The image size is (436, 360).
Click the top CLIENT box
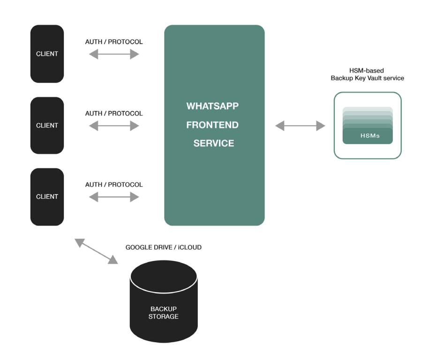pos(47,54)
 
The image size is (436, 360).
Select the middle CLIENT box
pos(47,125)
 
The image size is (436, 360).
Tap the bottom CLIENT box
pos(47,197)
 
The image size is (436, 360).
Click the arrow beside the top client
pos(114,54)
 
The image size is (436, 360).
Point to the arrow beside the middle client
pos(114,126)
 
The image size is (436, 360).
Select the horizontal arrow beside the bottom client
pos(114,197)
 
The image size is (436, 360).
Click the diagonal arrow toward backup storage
pos(96,251)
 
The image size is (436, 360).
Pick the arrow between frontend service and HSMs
pos(300,126)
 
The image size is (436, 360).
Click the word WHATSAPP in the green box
pos(212,106)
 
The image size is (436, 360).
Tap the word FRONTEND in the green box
pos(212,125)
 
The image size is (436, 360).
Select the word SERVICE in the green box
pos(214,143)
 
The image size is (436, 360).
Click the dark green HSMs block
pos(368,136)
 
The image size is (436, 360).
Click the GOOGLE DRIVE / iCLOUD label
pos(163,247)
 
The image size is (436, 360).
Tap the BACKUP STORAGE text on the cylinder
pos(164,313)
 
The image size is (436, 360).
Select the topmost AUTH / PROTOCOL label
pos(114,42)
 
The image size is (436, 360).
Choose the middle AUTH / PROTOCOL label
pos(114,113)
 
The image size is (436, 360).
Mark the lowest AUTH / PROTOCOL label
pos(114,185)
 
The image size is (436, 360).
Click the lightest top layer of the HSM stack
pos(368,109)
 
